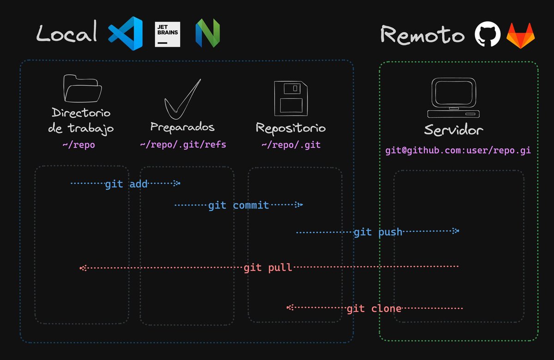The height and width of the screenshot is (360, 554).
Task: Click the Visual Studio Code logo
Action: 125,33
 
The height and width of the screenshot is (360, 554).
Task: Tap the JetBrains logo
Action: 167,34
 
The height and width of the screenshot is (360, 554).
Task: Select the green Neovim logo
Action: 208,34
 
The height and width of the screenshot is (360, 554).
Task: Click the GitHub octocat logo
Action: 488,35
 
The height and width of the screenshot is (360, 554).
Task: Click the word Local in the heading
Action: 67,34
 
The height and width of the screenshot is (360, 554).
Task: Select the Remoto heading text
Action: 422,35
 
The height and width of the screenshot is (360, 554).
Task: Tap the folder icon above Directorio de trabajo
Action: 82,89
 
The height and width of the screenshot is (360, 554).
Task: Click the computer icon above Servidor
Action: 453,97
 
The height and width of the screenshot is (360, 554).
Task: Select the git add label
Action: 126,184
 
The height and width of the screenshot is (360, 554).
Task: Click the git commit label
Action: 238,205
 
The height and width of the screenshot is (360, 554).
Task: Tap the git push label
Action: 378,232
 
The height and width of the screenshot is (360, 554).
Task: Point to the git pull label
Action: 268,268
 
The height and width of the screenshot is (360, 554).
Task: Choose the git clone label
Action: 374,308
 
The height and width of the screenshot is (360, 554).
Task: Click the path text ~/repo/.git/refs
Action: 183,144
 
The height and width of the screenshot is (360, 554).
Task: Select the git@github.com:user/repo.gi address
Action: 458,151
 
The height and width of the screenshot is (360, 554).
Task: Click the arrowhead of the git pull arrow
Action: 82,268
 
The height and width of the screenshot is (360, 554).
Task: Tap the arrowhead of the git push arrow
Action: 456,231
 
